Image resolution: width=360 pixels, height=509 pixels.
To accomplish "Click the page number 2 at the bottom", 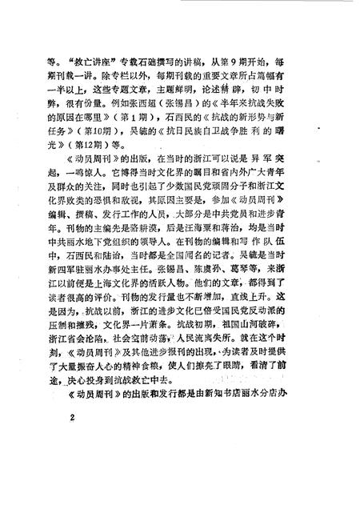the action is click(72, 417).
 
